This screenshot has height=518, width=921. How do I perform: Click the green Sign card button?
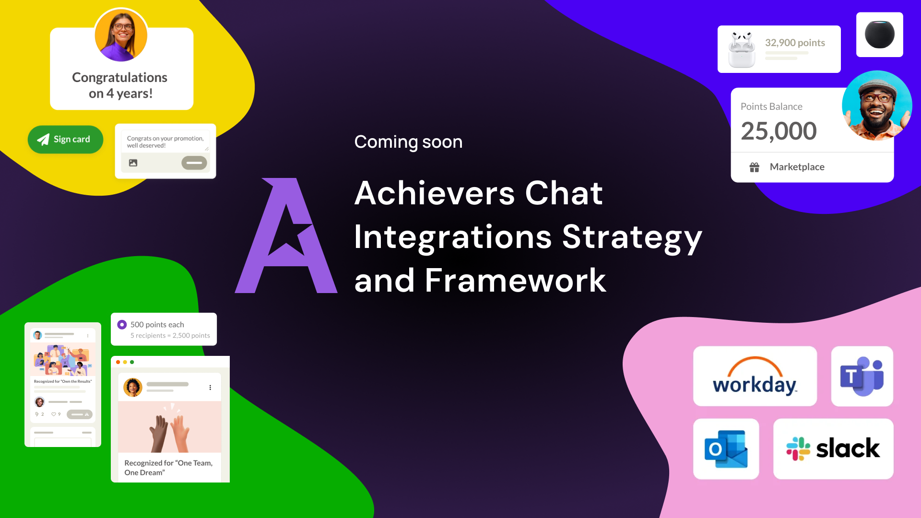click(65, 140)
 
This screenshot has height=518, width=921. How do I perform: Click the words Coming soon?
click(408, 142)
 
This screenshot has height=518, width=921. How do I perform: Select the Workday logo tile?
click(755, 376)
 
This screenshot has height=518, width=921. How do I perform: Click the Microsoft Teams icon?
click(862, 376)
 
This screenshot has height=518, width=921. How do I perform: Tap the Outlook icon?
click(726, 449)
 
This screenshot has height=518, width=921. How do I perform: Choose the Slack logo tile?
click(833, 449)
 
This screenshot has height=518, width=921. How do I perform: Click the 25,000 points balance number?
click(779, 131)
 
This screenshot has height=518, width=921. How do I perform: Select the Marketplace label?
click(797, 167)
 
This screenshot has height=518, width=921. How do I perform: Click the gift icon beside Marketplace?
click(755, 167)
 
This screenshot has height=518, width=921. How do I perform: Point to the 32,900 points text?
click(795, 43)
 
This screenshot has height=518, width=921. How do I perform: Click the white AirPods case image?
click(742, 49)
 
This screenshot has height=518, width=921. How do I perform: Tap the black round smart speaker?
click(880, 35)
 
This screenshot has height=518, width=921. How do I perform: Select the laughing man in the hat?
click(877, 106)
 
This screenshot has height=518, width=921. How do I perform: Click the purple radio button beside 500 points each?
click(122, 325)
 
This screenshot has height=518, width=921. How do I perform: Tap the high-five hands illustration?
click(169, 428)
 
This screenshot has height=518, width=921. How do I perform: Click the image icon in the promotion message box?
click(133, 163)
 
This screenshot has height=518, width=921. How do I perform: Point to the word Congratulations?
click(120, 78)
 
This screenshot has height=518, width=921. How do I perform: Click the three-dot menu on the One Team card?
click(210, 388)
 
